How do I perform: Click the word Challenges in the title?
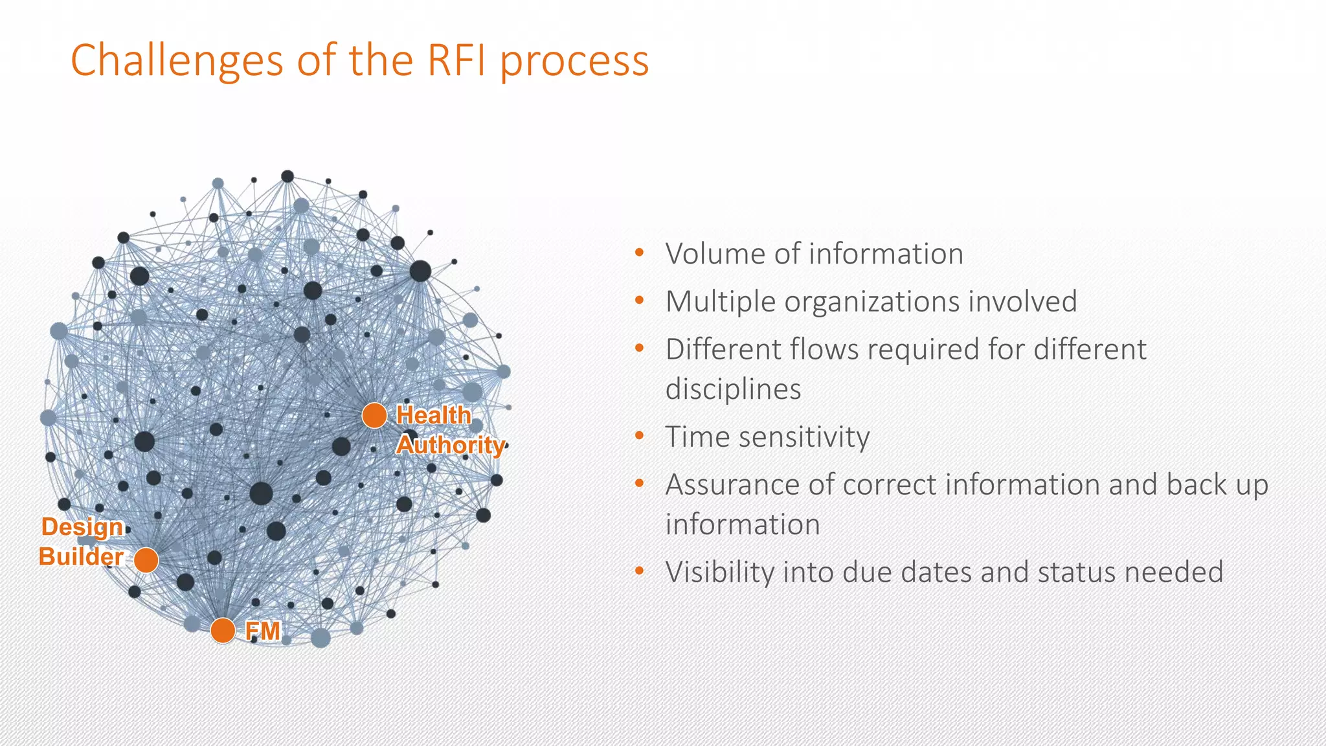[x=177, y=60]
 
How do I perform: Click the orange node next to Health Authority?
[x=374, y=415]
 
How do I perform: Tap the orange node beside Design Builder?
[x=146, y=560]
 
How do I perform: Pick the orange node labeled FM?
[x=223, y=630]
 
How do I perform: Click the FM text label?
[x=263, y=631]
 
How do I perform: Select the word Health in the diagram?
[x=433, y=415]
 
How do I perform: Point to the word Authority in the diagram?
[x=450, y=445]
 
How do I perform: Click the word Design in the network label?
[x=82, y=527]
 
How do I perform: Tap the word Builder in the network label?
[x=81, y=557]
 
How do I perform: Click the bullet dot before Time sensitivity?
[x=640, y=436]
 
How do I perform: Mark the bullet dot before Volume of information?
[x=640, y=253]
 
